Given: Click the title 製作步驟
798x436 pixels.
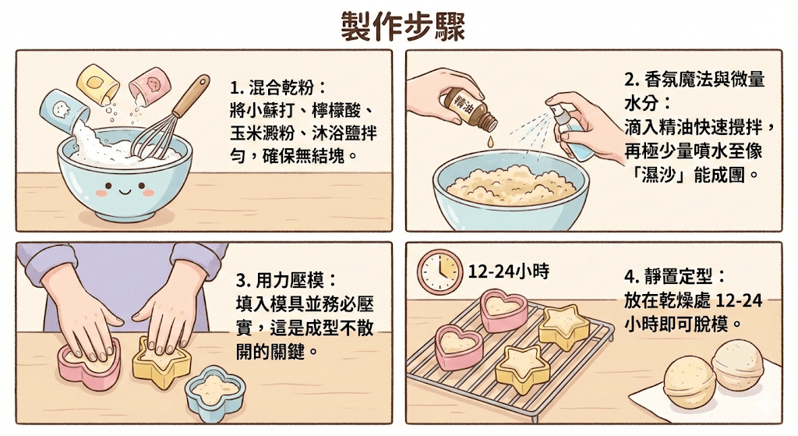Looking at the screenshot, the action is (402, 26).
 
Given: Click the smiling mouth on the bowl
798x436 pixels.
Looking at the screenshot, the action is (124, 193).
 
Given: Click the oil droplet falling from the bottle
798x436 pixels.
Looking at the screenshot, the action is (489, 141).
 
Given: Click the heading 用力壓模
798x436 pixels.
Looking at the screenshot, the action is (296, 280).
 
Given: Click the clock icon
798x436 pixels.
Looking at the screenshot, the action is (440, 271).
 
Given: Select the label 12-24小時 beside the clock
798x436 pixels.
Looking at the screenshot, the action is (508, 271).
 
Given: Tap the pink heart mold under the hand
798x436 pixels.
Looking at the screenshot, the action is (90, 363).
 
